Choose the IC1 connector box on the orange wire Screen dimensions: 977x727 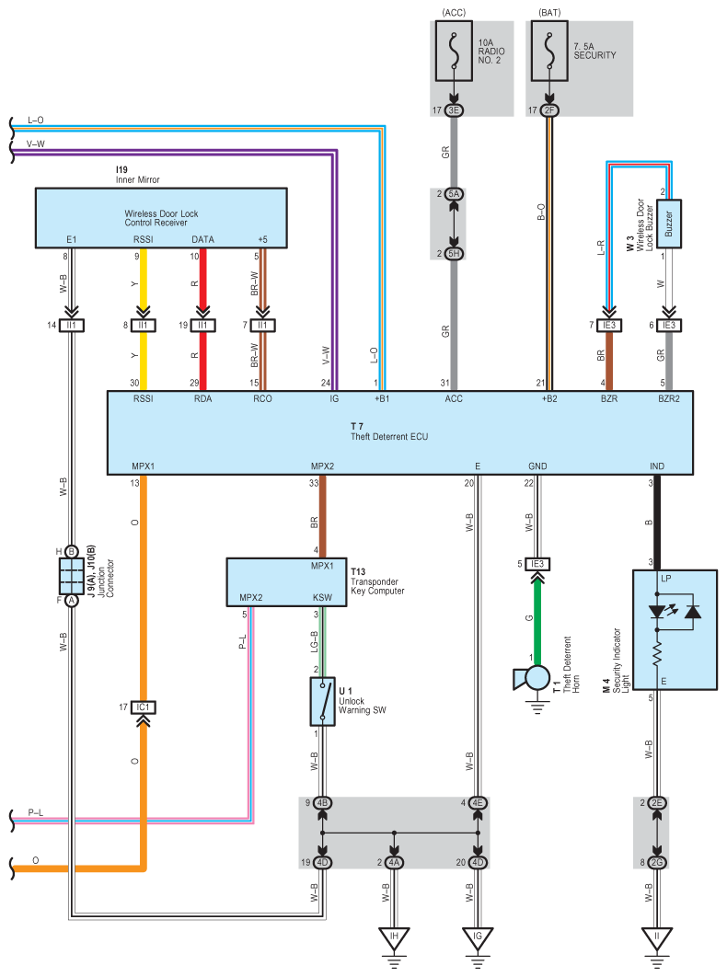coord(142,707)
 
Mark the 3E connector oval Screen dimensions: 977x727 coord(453,111)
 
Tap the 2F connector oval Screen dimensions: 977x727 coord(548,111)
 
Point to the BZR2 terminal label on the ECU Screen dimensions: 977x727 coord(669,400)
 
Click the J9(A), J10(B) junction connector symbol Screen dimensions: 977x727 coord(71,575)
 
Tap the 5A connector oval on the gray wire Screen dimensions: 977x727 coord(453,195)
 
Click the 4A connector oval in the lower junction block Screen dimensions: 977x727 coord(395,863)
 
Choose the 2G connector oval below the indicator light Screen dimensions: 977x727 coord(656,863)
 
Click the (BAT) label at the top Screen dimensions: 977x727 coord(548,11)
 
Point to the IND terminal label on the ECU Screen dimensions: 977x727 coord(657,466)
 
